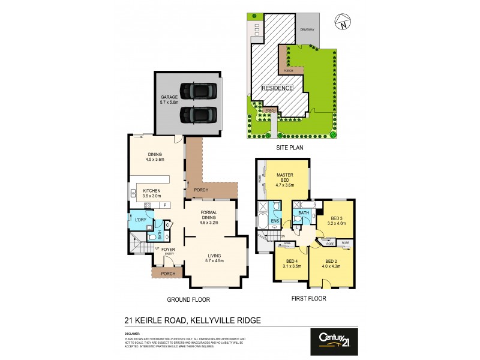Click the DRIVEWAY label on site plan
pos(307,29)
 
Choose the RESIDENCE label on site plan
pos(277,88)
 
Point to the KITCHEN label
pos(152,193)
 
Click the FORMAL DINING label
pos(208,217)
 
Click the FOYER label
pos(168,249)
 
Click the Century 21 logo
pos(334,341)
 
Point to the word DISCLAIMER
pos(132,334)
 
